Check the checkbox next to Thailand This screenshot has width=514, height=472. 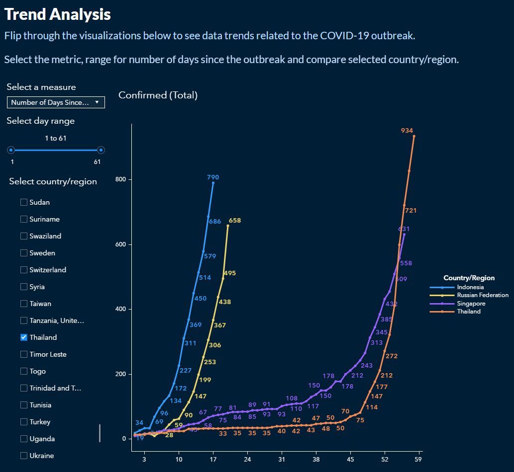coord(24,337)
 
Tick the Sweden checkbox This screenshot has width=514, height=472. coord(24,253)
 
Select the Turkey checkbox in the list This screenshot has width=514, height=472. coord(24,422)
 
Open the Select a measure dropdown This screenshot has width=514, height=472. coord(56,102)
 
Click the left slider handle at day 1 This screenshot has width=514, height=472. coord(11,150)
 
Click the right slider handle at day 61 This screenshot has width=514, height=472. coord(101,150)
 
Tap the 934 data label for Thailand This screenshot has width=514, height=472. coord(407,131)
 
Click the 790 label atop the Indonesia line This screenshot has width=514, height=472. coord(213,177)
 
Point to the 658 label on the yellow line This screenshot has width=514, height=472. coord(235,221)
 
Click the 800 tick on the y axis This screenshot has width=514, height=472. coord(121,179)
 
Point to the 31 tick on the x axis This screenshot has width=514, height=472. coord(282,460)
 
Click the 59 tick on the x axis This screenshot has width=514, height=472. coord(419,460)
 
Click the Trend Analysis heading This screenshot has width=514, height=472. coord(58,14)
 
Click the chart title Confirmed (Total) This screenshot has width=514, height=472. coord(158,95)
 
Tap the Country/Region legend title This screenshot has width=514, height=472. coord(469,278)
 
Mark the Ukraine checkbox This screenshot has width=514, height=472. coord(24,456)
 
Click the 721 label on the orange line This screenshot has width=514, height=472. coord(411,211)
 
